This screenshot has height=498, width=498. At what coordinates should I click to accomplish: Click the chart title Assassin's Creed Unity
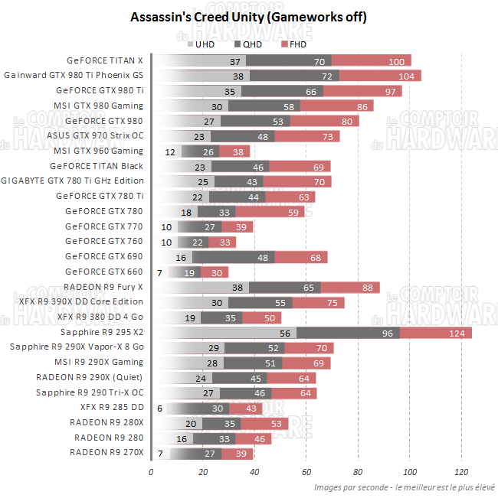[x=248, y=17]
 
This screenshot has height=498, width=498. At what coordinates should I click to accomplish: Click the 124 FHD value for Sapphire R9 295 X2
[x=457, y=333]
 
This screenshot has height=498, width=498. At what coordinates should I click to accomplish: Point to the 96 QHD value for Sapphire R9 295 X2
[x=387, y=333]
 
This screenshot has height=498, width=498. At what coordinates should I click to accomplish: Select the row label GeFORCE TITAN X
[x=105, y=60]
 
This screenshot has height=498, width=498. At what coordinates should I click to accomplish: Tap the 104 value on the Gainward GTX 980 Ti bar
[x=406, y=76]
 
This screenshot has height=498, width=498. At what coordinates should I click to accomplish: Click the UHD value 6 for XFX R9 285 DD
[x=159, y=408]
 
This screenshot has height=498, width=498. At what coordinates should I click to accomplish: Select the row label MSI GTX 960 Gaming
[x=98, y=151]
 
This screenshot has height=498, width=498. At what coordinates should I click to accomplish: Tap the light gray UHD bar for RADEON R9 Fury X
[x=199, y=288]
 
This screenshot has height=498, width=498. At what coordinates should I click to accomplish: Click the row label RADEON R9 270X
[x=106, y=454]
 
